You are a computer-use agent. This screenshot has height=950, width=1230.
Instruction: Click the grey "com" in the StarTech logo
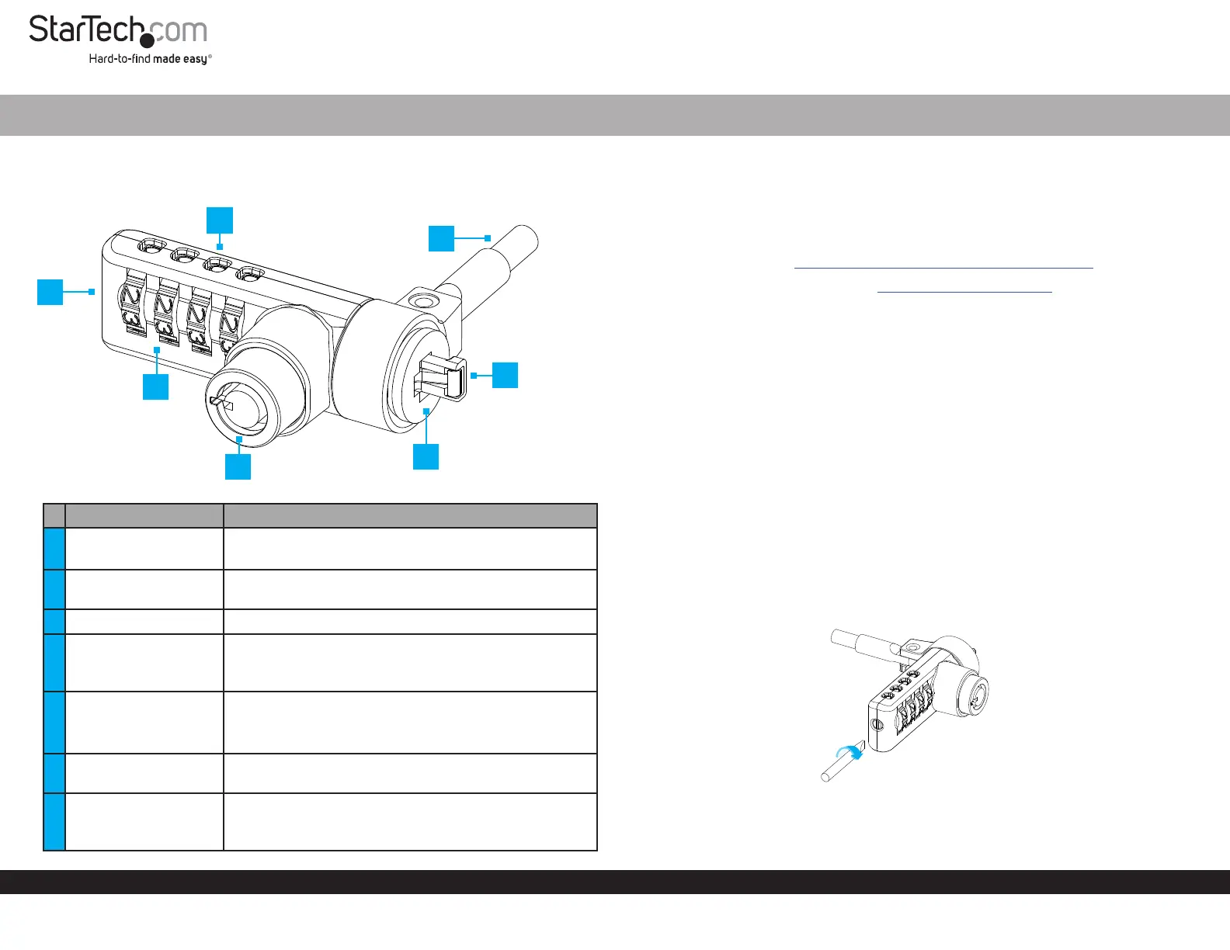[x=179, y=31]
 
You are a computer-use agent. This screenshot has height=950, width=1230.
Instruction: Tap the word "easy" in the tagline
[x=195, y=59]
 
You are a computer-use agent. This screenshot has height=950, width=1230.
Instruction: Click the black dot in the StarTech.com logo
[x=147, y=40]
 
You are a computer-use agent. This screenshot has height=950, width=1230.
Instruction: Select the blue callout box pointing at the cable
[x=441, y=238]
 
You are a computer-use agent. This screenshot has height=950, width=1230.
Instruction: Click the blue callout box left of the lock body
[x=50, y=292]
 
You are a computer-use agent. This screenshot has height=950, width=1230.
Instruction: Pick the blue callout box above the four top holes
[x=220, y=220]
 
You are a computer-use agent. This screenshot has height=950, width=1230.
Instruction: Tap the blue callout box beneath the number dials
[x=156, y=387]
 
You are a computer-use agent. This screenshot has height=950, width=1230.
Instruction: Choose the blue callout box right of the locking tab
[x=505, y=375]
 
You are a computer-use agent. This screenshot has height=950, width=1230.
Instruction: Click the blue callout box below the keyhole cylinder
[x=238, y=466]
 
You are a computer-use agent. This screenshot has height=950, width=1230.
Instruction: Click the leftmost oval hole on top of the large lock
[x=151, y=248]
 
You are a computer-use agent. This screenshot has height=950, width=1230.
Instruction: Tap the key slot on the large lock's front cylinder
[x=221, y=402]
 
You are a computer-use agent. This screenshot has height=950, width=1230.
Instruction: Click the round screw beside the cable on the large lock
[x=421, y=301]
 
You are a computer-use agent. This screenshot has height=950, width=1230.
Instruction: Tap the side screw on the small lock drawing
[x=877, y=725]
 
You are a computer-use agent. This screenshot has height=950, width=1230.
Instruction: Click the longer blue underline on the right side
[x=943, y=268]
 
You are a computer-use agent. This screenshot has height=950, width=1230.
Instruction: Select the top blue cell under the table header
[x=54, y=549]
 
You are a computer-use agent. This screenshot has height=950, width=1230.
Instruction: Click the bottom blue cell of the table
[x=54, y=821]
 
